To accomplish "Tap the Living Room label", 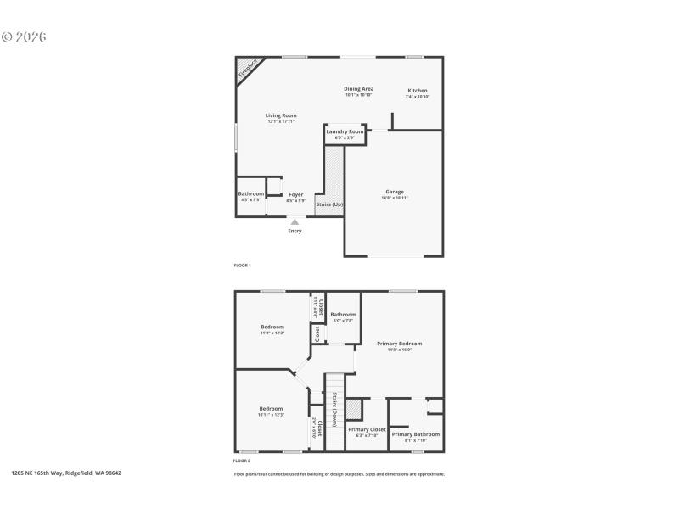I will point(281,115).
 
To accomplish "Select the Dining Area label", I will point(359,89).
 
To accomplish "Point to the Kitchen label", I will point(418,91).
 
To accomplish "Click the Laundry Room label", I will point(345,132).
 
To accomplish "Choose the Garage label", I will point(395,192).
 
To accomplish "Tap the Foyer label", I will point(295,195).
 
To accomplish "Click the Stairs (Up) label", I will point(329,205).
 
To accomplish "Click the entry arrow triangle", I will point(295,221).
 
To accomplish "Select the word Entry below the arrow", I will point(295,231).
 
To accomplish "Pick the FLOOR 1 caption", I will point(243,266).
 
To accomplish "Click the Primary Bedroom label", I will point(400,344).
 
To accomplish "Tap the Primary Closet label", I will point(368,429).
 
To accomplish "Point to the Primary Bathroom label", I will point(416,434).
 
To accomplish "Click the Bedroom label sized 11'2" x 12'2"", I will point(272,327).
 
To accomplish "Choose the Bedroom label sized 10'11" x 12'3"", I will point(272,409).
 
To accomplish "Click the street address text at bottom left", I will point(66,473).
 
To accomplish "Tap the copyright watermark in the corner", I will point(25,37).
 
